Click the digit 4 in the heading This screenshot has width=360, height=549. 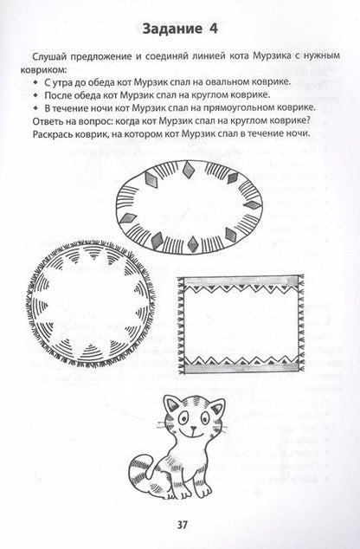coord(213,29)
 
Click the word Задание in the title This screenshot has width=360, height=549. coord(172,29)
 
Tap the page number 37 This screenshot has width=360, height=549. coord(183,525)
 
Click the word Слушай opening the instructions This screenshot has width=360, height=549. coord(48,56)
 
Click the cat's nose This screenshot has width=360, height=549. coord(192,428)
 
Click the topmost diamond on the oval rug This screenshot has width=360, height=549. coord(189,169)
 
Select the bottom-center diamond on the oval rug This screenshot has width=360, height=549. coord(192,243)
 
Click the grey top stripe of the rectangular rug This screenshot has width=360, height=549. coord(240,281)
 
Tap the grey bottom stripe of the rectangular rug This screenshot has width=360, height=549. coord(241,367)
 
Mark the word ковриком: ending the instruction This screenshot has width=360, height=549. coord(43,69)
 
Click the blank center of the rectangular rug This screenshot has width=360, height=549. coord(241,324)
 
